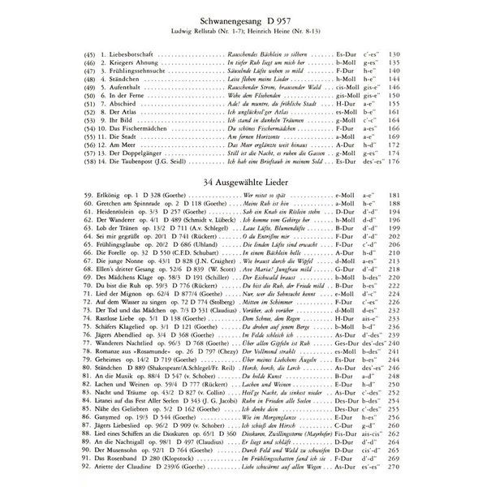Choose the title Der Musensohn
[90, 450]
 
